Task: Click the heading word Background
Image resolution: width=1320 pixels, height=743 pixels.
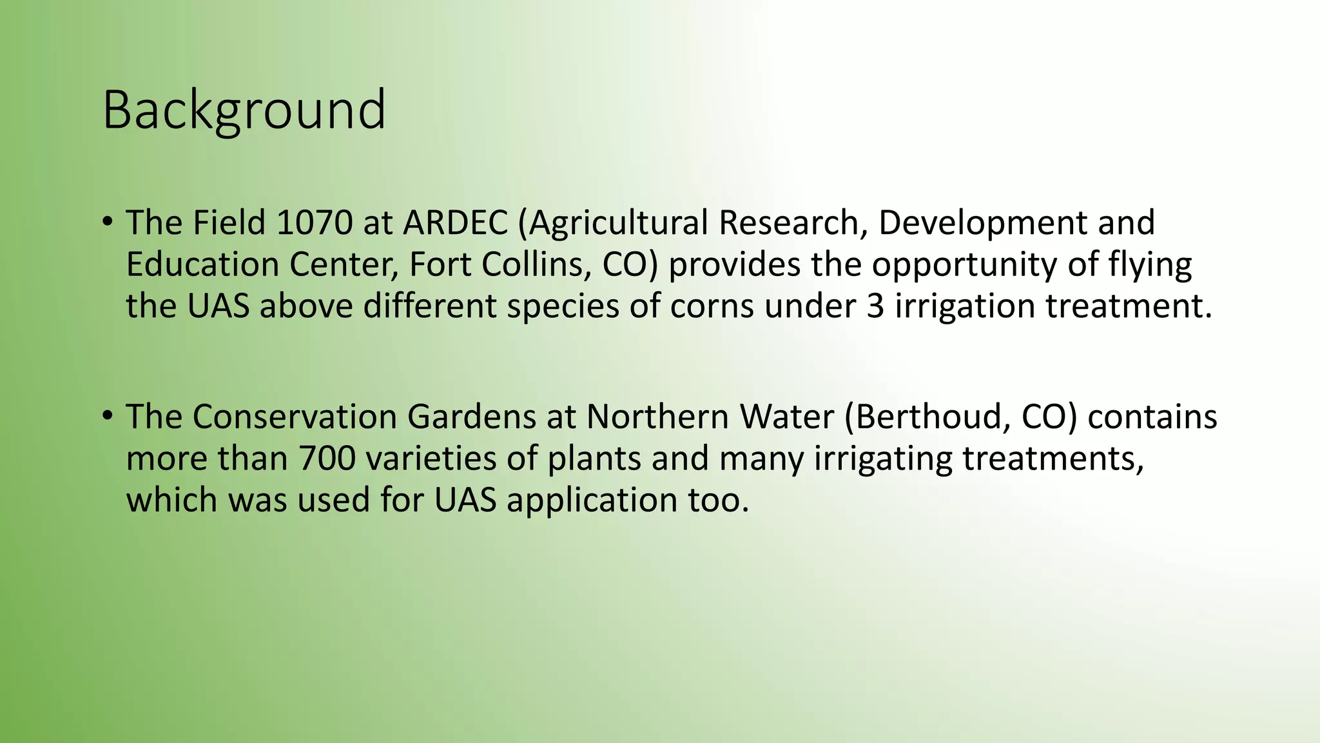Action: click(x=244, y=111)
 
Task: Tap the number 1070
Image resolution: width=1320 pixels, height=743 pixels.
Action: click(x=315, y=223)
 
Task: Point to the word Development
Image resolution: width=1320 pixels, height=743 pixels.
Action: click(x=982, y=224)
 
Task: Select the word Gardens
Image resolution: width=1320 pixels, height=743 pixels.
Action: click(x=471, y=417)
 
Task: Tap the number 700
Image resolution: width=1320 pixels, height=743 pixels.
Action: click(x=327, y=459)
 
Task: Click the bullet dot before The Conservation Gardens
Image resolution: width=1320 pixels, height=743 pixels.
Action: click(x=107, y=415)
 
